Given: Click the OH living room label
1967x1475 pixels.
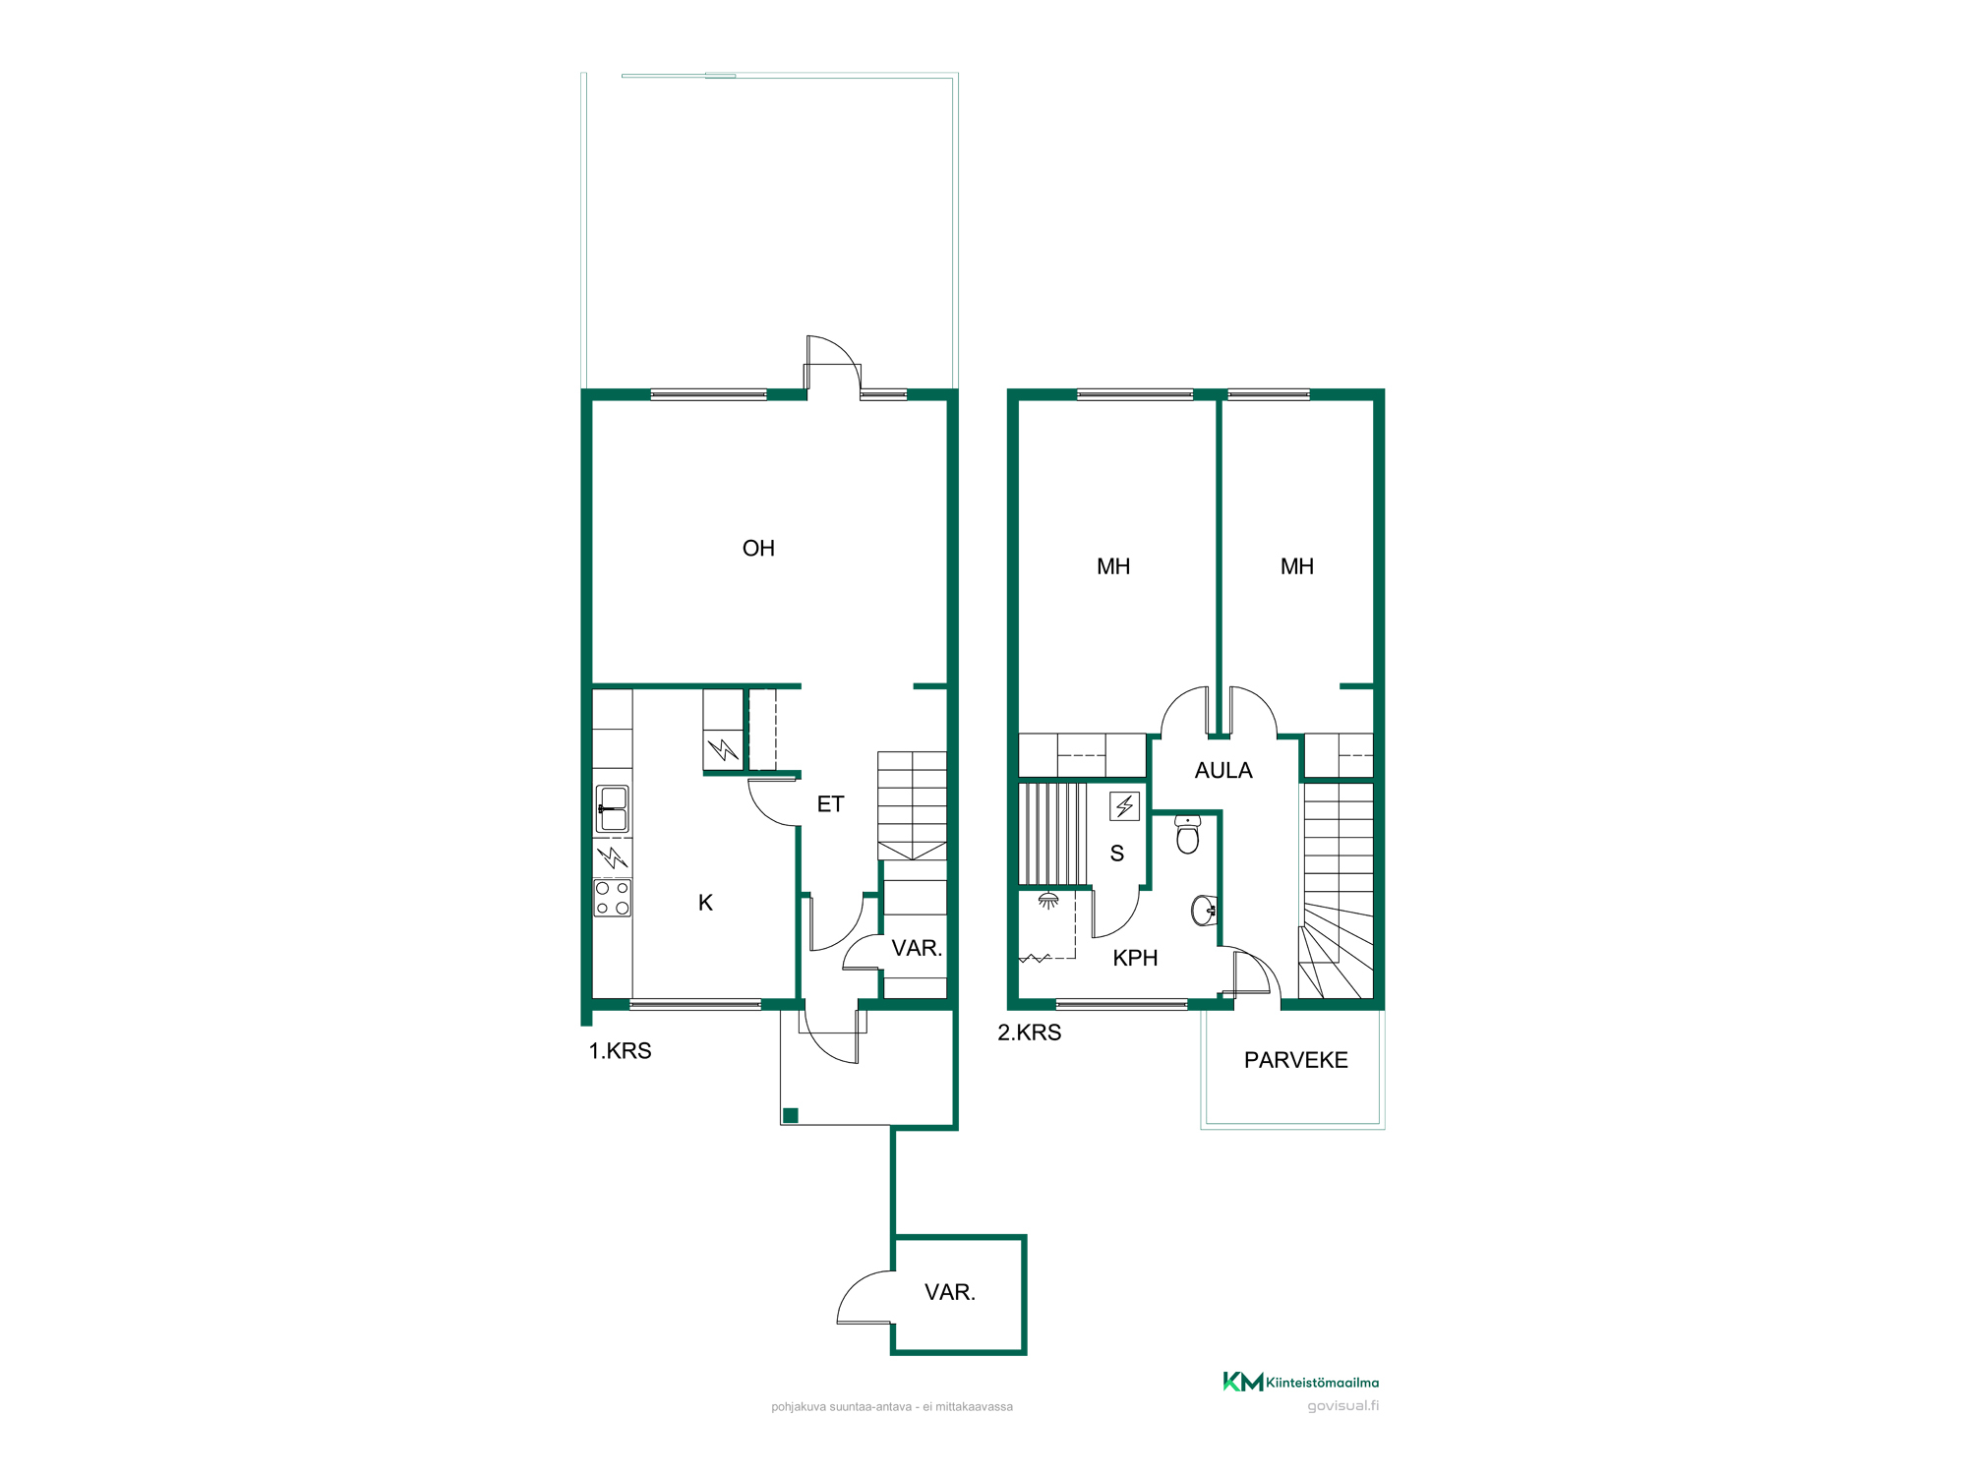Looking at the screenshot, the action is coord(758,549).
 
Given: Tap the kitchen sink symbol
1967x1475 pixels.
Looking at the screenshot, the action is coord(613,809).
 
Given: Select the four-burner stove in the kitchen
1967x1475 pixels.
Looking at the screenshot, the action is coord(613,898).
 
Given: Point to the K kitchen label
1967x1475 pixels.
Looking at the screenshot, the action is coord(705,903).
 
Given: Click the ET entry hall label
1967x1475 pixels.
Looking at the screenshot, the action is coord(830,804).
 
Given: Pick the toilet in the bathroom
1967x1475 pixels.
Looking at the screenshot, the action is coord(1188,834).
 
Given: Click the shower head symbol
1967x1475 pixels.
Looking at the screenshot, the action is coord(1048,900).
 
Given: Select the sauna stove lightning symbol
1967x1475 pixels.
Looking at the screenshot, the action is coord(1124,806).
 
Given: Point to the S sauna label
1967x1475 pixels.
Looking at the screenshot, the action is coord(1117,854).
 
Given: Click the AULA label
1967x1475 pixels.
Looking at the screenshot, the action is coord(1223,771).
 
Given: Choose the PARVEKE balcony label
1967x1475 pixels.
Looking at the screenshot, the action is coord(1295,1060).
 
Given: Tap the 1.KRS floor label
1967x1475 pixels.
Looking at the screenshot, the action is coord(620,1051).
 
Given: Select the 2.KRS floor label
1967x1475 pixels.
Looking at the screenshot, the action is coord(1029,1032).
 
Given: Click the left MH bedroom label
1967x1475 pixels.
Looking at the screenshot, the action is coord(1113,566).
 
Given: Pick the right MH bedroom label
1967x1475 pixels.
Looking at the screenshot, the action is coord(1297,566).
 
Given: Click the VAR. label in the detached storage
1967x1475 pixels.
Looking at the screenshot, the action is coord(950,1292).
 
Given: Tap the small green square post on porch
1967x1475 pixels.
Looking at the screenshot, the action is coord(791,1115).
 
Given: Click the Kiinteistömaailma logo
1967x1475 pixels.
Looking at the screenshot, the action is coord(1300,1382).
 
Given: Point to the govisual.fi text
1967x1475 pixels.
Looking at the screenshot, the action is coord(1342,1406).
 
